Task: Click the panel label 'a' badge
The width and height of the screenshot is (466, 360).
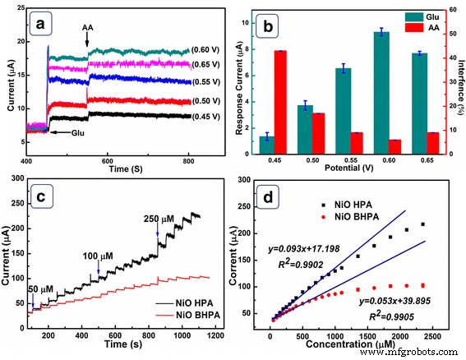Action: click(x=39, y=24)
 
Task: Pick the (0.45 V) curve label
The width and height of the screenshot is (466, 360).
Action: click(x=205, y=117)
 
